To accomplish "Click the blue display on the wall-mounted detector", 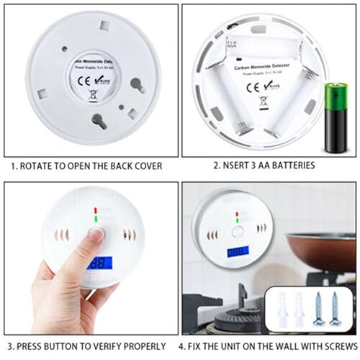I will [237, 253].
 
